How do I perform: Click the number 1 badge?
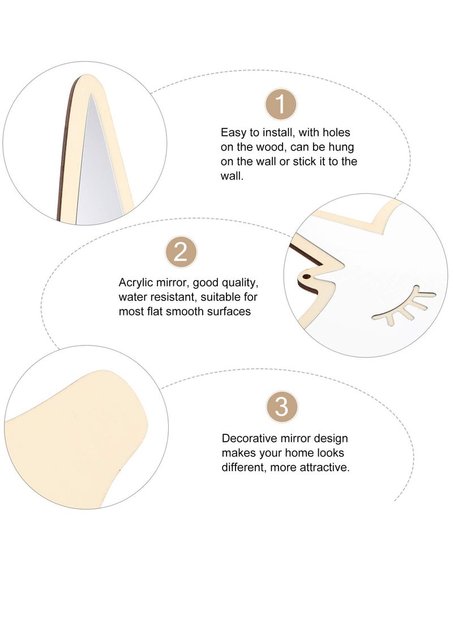point(280,105)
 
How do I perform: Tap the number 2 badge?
point(181,252)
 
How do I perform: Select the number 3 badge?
point(281,406)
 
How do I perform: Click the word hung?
point(341,148)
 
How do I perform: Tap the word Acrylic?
point(135,283)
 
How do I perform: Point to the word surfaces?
point(229,311)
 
